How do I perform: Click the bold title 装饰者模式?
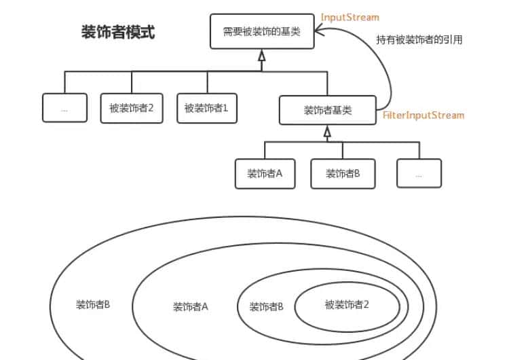click(x=118, y=33)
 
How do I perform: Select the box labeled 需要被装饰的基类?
click(x=262, y=31)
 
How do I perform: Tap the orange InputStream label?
click(x=349, y=17)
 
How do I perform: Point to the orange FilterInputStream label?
click(x=423, y=115)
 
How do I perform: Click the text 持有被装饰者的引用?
click(x=419, y=40)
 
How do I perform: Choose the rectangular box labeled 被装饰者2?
click(x=132, y=108)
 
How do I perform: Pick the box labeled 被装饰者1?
click(x=207, y=108)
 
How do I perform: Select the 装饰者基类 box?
click(x=327, y=110)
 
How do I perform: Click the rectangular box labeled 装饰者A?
click(x=265, y=173)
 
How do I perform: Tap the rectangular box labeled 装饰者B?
click(x=343, y=173)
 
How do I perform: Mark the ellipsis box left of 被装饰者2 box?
click(x=64, y=108)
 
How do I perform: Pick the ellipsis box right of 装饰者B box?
click(x=419, y=173)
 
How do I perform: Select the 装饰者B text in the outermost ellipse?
click(x=93, y=304)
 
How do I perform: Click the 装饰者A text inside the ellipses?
click(x=190, y=307)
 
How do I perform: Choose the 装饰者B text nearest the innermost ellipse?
click(x=267, y=307)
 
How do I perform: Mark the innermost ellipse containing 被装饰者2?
click(x=347, y=304)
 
